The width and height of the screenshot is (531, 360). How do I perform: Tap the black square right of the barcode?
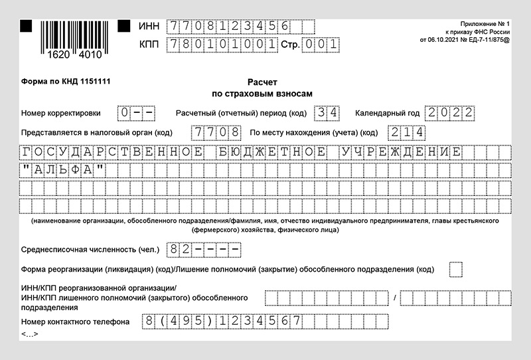123,26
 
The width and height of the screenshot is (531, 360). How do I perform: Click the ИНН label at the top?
149,27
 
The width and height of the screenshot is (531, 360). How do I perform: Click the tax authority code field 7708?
216,132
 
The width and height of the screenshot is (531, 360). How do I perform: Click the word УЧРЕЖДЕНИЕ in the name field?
400,152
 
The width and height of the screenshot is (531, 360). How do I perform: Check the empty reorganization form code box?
456,270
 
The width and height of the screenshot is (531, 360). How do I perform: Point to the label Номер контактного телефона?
75,322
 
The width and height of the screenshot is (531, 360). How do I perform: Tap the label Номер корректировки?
61,113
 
